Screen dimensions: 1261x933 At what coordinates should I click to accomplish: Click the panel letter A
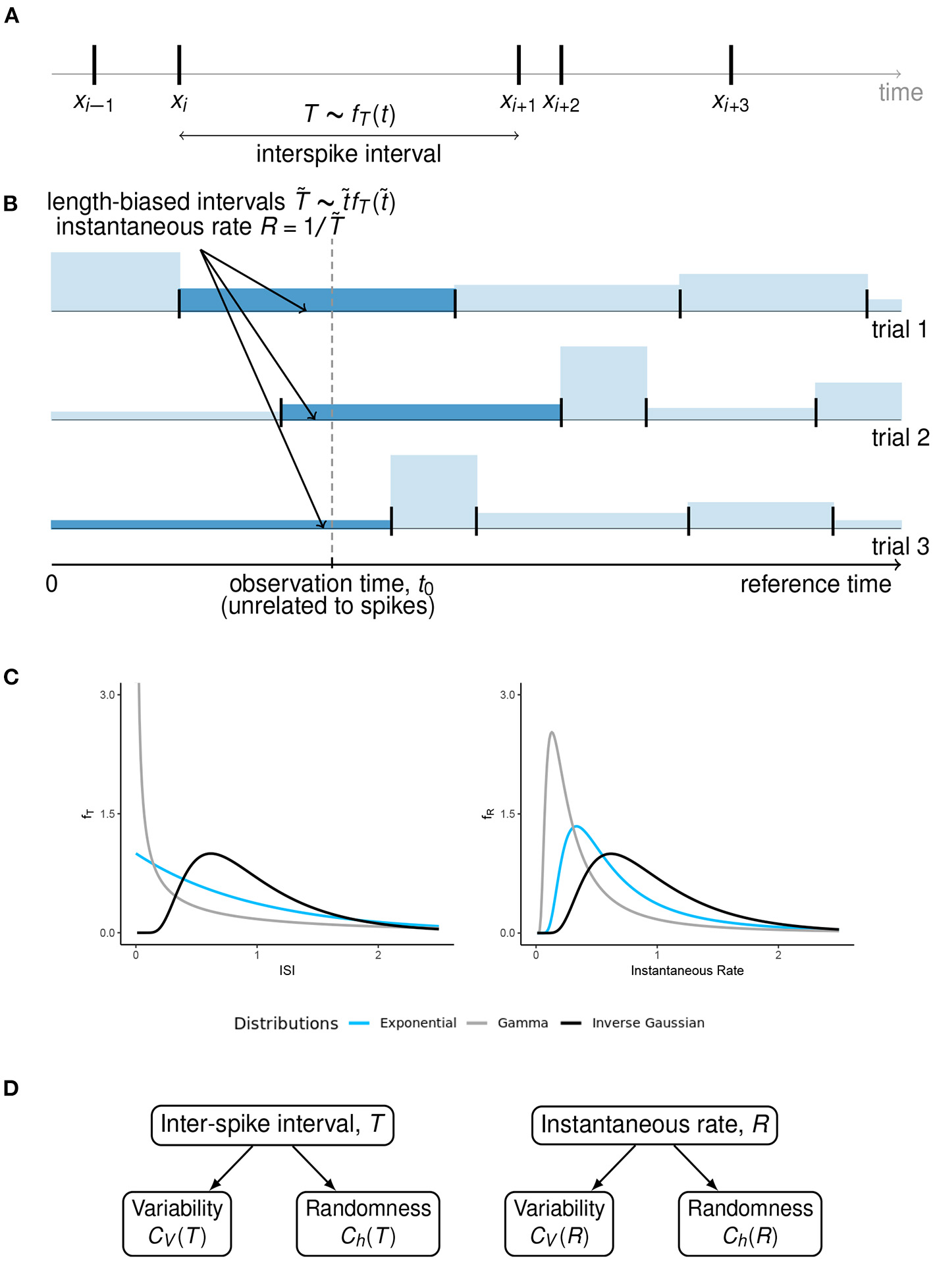pyautogui.click(x=11, y=16)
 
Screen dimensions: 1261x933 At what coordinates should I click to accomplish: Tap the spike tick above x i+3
pyautogui.click(x=731, y=65)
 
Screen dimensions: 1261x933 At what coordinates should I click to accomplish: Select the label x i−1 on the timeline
pyautogui.click(x=93, y=103)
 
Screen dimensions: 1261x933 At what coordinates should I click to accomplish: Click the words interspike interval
pyautogui.click(x=348, y=154)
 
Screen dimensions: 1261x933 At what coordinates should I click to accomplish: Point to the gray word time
pyautogui.click(x=900, y=92)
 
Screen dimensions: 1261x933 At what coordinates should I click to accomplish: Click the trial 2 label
pyautogui.click(x=899, y=437)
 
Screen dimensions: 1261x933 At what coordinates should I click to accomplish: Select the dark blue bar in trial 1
pyautogui.click(x=317, y=300)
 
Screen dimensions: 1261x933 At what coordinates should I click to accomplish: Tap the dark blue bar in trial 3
pyautogui.click(x=221, y=524)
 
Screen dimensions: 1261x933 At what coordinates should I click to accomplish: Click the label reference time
pyautogui.click(x=815, y=584)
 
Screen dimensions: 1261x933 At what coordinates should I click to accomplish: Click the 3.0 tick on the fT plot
pyautogui.click(x=107, y=695)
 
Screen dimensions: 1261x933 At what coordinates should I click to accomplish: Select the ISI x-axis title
pyautogui.click(x=287, y=970)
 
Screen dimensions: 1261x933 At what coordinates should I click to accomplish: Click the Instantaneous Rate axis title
pyautogui.click(x=687, y=970)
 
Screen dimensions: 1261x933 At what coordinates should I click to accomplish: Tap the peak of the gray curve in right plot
pyautogui.click(x=552, y=733)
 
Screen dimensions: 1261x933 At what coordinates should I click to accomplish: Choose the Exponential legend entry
pyautogui.click(x=417, y=1023)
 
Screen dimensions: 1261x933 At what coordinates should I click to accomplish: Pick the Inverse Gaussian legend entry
pyautogui.click(x=647, y=1023)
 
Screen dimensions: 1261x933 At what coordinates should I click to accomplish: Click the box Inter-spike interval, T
pyautogui.click(x=272, y=1125)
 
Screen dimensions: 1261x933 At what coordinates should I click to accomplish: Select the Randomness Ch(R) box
pyautogui.click(x=750, y=1223)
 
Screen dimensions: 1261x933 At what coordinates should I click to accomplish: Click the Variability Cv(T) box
pyautogui.click(x=177, y=1223)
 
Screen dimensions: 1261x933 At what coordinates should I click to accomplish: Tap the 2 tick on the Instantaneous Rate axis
pyautogui.click(x=778, y=955)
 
